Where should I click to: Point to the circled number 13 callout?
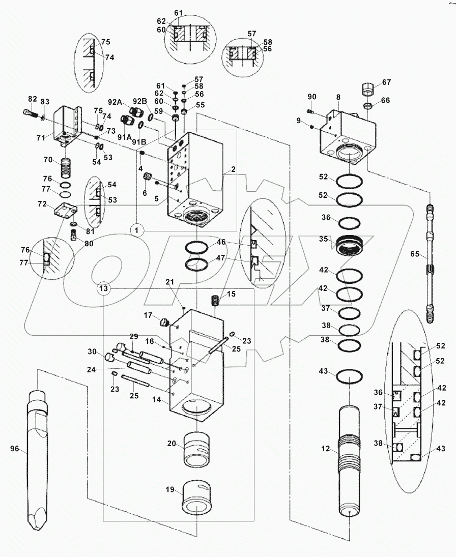tap(104, 288)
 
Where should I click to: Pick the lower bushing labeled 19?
tap(197, 501)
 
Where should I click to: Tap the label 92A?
tap(113, 102)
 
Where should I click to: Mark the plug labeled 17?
tap(164, 321)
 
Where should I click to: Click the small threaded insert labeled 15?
tap(216, 300)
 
